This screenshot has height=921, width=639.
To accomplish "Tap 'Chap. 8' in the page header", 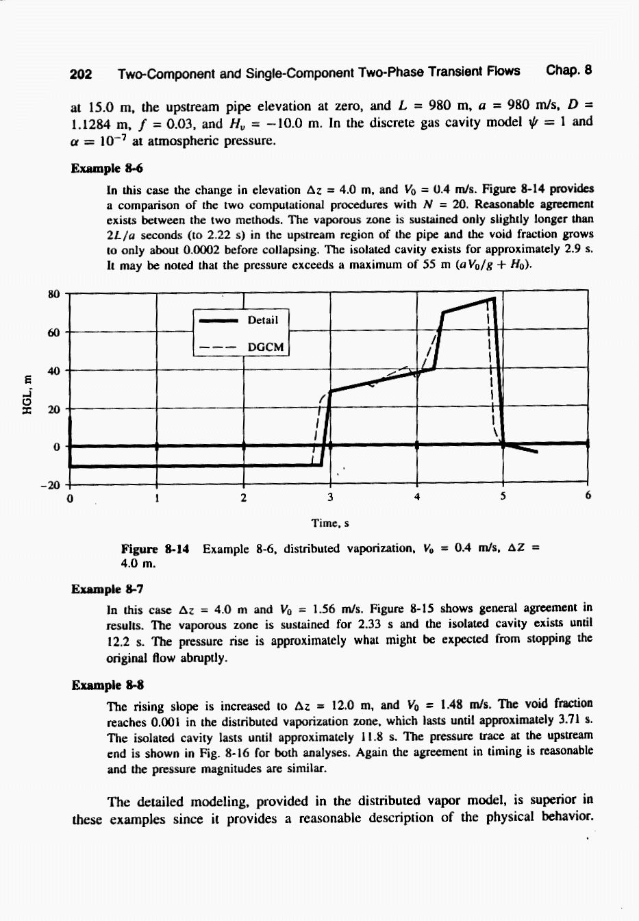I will point(568,70).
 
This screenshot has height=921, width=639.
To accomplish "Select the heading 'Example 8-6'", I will point(107,169).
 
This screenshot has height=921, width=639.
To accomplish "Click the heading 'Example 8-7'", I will point(107,589).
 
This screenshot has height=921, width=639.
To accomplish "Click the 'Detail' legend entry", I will point(262,320).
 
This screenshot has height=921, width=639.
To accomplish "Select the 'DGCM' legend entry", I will point(265,347).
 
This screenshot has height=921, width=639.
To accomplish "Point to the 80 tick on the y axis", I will point(54,295).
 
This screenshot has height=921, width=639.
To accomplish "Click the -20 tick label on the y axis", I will point(51,486).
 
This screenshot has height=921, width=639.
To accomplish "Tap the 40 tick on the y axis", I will point(54,371).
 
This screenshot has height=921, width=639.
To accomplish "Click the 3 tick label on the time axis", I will point(330,498).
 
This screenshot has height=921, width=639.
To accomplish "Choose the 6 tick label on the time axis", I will point(588,495).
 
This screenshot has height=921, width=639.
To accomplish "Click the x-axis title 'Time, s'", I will point(330,524).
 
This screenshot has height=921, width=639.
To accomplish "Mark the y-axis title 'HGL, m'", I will point(27,394).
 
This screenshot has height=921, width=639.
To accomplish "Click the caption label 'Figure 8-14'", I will point(155,549).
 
